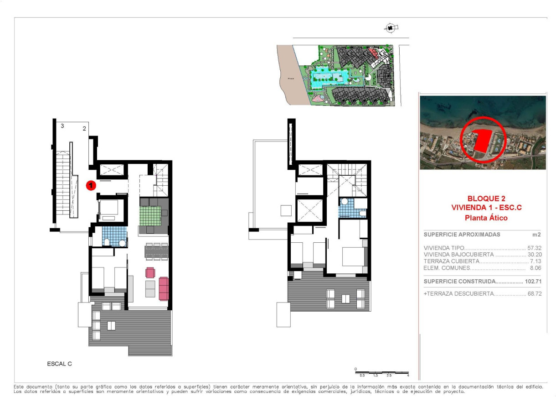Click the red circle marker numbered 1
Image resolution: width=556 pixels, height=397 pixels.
point(91,185)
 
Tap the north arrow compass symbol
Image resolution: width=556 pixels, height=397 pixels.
point(390,28)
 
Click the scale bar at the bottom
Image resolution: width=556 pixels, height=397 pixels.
point(381,372)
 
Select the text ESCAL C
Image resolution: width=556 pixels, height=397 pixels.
point(59,364)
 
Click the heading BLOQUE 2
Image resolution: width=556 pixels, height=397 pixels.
point(486,198)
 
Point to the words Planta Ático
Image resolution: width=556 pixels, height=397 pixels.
point(486,218)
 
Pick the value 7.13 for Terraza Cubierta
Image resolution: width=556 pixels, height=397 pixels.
point(536,261)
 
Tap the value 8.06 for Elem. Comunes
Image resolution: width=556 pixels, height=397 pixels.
point(536,268)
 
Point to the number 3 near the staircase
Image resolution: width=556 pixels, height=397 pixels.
point(62,125)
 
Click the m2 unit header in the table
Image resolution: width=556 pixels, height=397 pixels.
point(537,235)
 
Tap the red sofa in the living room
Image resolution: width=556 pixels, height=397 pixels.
point(164,288)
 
